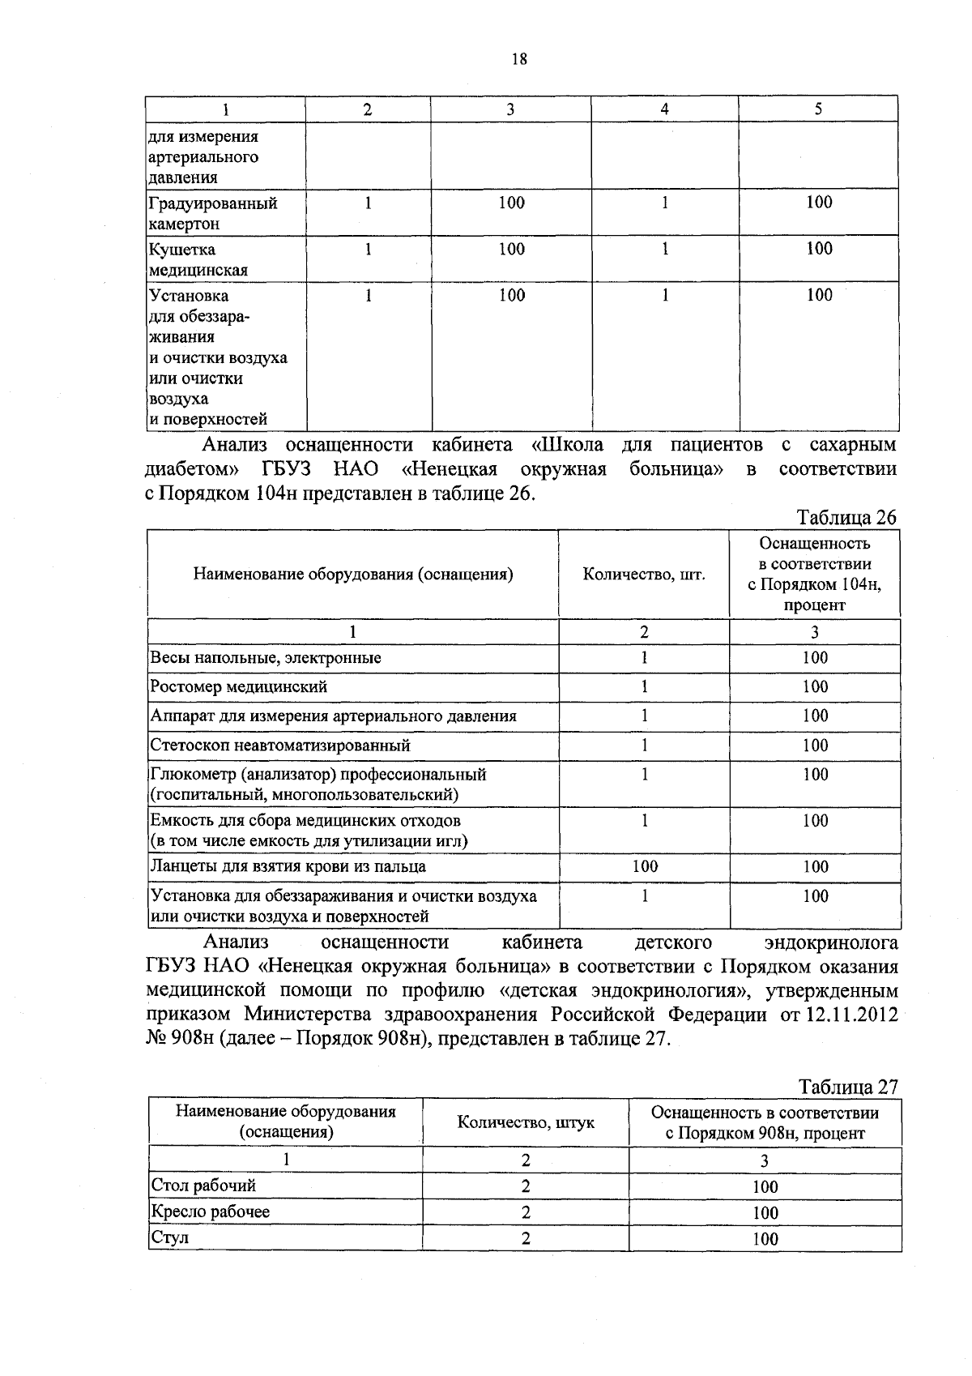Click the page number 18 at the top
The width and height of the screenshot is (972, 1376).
(x=519, y=58)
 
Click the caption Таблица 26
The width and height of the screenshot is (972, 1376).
(x=846, y=518)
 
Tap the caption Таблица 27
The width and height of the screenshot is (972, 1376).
(x=848, y=1087)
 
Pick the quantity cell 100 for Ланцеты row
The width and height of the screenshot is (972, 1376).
(x=645, y=866)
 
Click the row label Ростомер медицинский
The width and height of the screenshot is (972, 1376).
(x=239, y=687)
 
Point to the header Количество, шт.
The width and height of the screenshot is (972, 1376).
(x=644, y=575)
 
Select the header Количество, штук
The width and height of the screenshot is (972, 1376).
(x=525, y=1122)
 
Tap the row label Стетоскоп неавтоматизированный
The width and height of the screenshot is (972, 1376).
(x=280, y=746)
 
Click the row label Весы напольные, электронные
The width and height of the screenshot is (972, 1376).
(x=266, y=658)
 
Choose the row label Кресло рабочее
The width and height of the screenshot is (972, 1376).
(x=211, y=1211)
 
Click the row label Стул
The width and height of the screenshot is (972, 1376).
(x=170, y=1237)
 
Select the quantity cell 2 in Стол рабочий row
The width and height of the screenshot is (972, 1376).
(x=526, y=1186)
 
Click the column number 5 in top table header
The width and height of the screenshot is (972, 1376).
(x=818, y=109)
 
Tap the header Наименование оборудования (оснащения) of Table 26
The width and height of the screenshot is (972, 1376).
(x=353, y=575)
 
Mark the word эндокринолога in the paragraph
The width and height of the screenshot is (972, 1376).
(x=831, y=942)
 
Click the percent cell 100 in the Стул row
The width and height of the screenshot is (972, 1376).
(x=765, y=1238)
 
